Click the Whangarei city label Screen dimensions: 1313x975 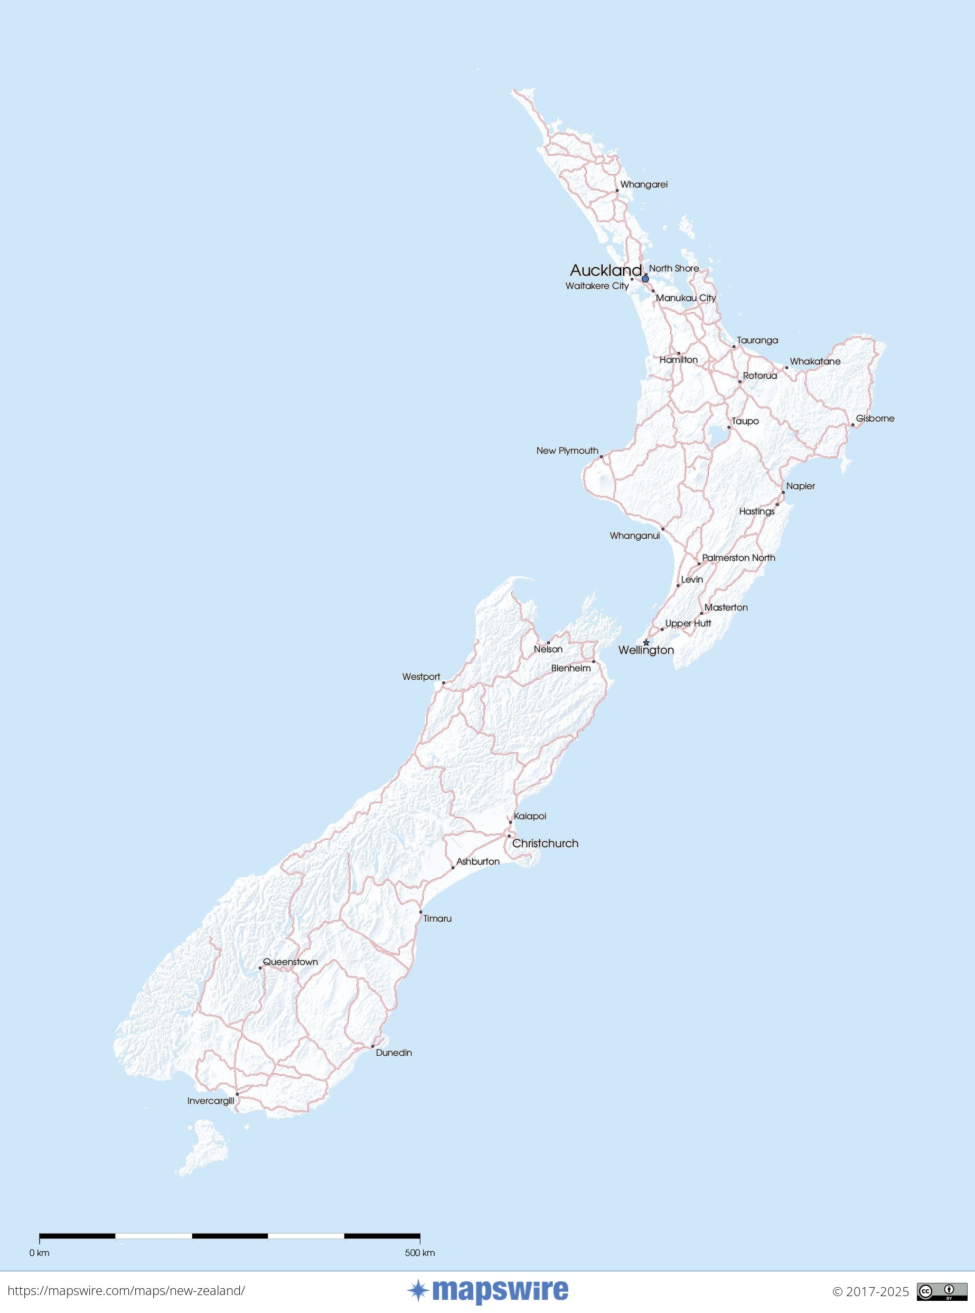(x=643, y=185)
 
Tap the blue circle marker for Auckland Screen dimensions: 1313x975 (x=645, y=278)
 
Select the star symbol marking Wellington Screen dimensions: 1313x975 (x=646, y=643)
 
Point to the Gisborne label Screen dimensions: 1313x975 (x=875, y=418)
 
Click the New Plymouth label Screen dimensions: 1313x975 (x=567, y=451)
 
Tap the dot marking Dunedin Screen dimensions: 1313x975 (x=372, y=1046)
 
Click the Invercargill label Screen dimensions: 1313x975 (x=211, y=1101)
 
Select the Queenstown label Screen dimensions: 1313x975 (x=290, y=961)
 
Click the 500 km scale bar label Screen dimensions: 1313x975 (x=419, y=1248)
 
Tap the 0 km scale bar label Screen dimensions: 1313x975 (x=40, y=1248)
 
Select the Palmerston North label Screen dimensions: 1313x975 (x=738, y=558)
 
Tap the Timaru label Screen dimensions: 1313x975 (x=437, y=918)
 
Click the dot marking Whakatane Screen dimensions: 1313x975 (x=786, y=368)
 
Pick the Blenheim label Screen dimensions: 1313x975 (x=571, y=668)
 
